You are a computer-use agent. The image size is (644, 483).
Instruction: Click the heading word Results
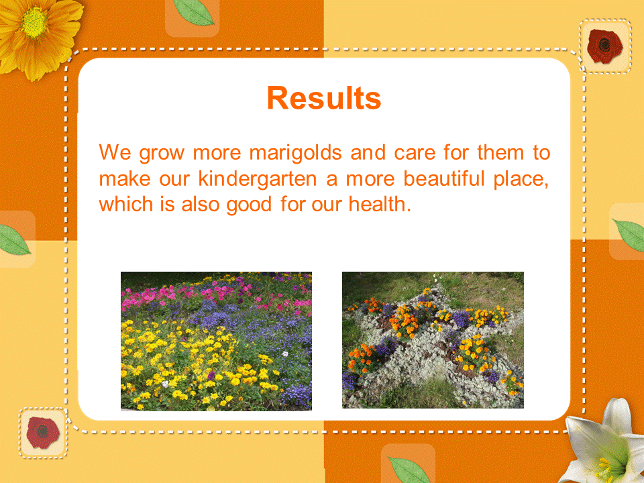point(324,98)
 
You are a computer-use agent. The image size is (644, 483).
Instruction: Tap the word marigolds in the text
point(296,153)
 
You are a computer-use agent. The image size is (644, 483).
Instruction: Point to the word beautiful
point(443,178)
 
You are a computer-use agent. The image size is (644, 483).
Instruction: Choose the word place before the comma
point(518,180)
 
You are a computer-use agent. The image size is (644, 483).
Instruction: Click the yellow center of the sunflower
point(34,23)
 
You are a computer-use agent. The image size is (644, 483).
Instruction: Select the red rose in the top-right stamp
point(604,46)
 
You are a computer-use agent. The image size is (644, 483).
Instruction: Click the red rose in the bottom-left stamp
point(42,433)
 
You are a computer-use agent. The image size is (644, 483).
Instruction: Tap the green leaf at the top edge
point(193,11)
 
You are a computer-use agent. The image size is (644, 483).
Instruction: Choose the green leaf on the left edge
point(13,240)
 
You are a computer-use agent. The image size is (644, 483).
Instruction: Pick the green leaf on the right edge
point(629,235)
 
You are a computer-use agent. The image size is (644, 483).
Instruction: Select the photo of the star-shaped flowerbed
point(433,340)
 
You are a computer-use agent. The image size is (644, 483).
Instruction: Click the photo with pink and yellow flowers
point(216,341)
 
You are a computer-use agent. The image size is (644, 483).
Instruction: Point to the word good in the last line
point(249,205)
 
